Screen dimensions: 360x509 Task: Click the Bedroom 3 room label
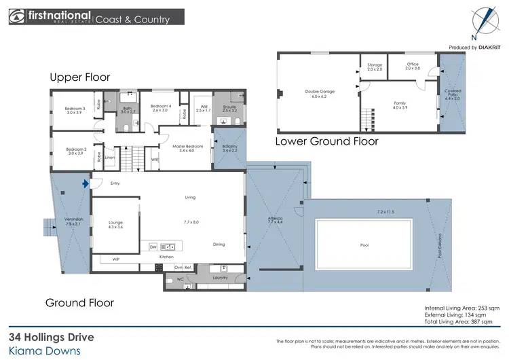75,109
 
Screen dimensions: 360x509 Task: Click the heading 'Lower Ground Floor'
326,142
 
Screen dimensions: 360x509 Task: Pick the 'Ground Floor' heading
79,302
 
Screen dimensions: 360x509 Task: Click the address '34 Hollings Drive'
52,336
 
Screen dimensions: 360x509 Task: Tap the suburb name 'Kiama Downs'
44,350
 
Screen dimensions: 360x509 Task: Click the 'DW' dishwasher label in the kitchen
153,247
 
